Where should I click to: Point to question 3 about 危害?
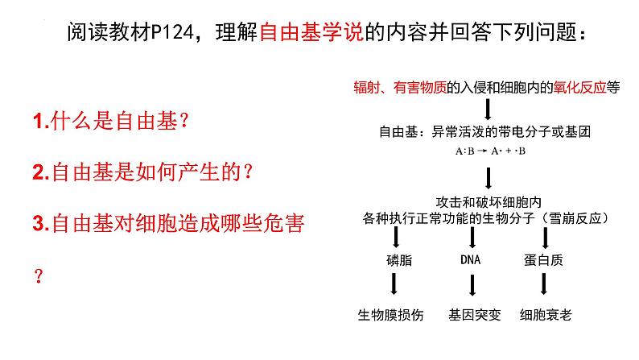point(168,222)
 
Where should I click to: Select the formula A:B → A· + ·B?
point(489,151)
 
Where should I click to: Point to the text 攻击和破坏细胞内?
point(490,201)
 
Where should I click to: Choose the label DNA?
point(470,260)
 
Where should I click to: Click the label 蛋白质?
point(546,260)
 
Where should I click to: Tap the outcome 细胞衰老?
point(546,315)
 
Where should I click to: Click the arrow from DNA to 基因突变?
point(470,284)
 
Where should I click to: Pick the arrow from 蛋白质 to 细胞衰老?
point(546,284)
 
